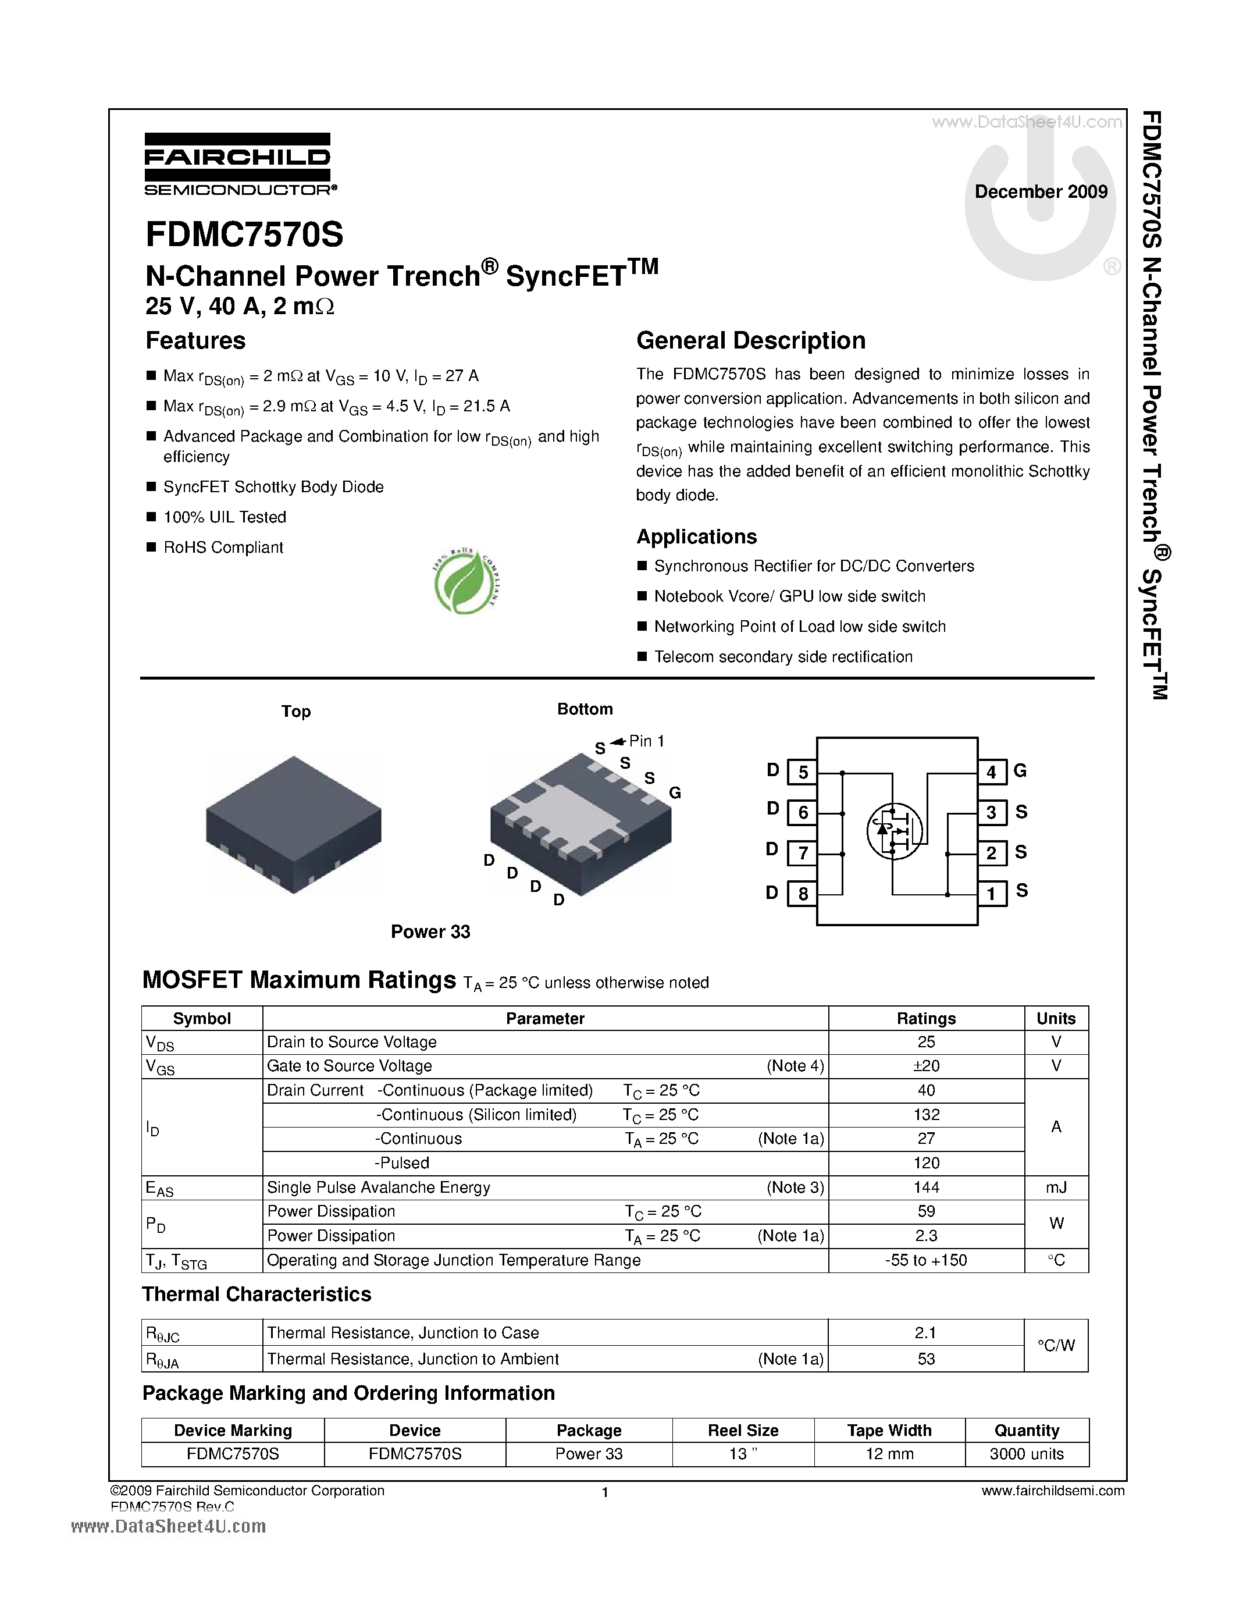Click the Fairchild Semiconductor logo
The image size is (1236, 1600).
tap(238, 164)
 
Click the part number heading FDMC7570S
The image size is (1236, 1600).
tap(244, 235)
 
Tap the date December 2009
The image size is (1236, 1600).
tap(1041, 192)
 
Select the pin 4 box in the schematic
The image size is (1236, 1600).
tap(992, 772)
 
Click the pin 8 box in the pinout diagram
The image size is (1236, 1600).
tap(803, 894)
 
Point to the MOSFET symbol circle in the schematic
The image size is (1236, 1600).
tap(894, 831)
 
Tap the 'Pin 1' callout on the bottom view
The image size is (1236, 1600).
tap(646, 741)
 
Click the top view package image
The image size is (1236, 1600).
tap(294, 824)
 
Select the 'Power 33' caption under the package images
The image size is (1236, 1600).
tap(430, 932)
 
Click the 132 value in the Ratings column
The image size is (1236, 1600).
tap(926, 1114)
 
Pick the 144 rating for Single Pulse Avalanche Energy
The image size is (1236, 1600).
tap(926, 1187)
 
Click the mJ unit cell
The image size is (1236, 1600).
tap(1056, 1187)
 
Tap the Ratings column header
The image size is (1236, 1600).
tap(926, 1018)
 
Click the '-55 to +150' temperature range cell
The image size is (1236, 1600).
tap(926, 1260)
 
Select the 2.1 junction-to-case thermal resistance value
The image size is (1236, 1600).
tap(926, 1332)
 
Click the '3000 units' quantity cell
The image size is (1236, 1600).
tap(1027, 1454)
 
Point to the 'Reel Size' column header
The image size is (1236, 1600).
tap(743, 1430)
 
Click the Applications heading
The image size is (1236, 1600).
tap(696, 537)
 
